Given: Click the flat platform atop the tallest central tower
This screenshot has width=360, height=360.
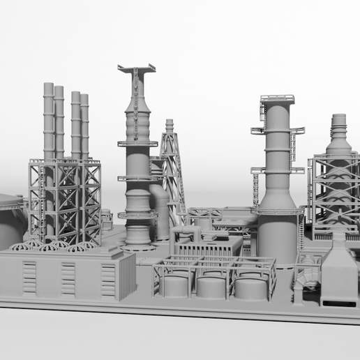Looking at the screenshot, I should [137, 68].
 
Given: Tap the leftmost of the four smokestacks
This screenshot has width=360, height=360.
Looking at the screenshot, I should [48, 119].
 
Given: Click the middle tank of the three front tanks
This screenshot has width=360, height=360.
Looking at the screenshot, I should [211, 286].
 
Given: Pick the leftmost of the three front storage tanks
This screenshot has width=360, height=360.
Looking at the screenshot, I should [175, 285].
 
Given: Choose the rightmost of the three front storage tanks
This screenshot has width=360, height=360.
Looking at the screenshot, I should [250, 287].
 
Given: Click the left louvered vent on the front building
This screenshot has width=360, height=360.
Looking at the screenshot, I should [29, 278].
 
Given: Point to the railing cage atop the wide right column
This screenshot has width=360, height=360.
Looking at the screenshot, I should [277, 101].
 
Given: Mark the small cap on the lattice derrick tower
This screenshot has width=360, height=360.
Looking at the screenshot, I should [169, 125].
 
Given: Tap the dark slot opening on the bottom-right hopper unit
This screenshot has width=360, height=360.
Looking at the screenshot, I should [338, 304].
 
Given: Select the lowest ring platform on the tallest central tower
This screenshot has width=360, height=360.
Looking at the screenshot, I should [137, 215].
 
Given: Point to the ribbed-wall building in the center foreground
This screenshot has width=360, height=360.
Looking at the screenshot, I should [206, 246].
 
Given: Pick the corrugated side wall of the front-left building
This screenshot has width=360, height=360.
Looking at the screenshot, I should [126, 275].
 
